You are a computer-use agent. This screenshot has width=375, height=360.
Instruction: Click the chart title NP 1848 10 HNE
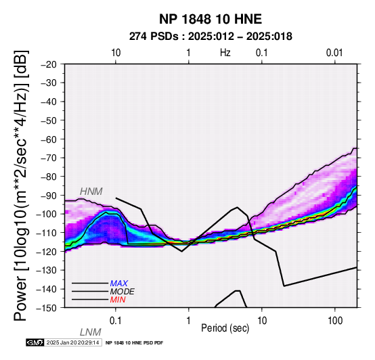coord(211,19)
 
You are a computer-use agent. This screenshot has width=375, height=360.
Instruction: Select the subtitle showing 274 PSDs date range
coord(211,37)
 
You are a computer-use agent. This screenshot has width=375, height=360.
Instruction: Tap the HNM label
coord(91,192)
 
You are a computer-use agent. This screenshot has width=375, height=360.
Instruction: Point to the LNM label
coord(91,332)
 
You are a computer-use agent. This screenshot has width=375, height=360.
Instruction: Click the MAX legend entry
coord(119,284)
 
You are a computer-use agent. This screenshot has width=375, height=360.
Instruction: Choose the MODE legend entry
coord(123,292)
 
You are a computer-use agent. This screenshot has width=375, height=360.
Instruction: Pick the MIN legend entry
coord(118,300)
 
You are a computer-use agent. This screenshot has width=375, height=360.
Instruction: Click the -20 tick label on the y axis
coord(49,64)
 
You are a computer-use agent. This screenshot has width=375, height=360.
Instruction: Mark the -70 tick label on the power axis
coord(49,158)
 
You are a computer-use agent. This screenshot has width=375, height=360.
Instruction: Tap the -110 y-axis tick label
coord(46,233)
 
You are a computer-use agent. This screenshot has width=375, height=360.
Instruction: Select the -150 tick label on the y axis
coord(46,308)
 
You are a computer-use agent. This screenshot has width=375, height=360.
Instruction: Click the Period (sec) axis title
coord(225,328)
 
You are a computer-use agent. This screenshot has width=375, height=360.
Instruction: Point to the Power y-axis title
coord(20,185)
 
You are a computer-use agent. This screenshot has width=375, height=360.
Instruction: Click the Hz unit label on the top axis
coord(225,53)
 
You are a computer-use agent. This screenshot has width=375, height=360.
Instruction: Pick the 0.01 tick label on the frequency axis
coord(334,53)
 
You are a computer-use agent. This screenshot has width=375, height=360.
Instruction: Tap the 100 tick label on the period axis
coord(335,321)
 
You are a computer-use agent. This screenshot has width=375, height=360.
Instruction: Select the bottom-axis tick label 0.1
coord(116,321)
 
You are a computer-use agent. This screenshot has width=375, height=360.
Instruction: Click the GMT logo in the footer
coord(35,342)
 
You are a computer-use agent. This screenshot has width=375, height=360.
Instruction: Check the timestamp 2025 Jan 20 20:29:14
coord(72,342)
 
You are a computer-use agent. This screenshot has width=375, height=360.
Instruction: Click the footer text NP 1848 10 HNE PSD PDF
coord(134,343)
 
